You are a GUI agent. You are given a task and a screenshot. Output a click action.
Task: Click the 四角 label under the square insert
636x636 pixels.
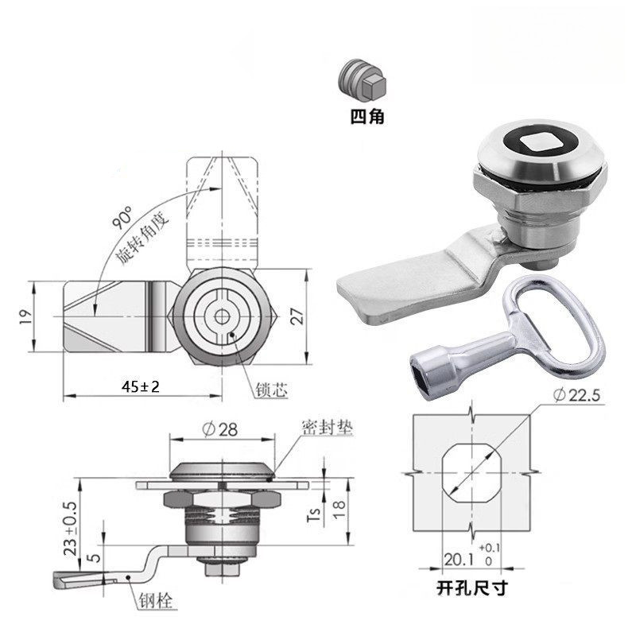point(367,117)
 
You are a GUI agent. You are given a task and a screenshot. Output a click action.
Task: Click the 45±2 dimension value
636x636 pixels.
point(141,386)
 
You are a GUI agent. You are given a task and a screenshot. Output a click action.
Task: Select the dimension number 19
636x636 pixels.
point(25,316)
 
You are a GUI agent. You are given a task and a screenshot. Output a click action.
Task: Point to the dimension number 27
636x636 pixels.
point(297,316)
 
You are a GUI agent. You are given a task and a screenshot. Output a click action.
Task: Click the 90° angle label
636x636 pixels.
point(122,217)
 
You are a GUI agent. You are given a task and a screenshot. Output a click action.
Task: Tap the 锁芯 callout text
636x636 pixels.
point(271,390)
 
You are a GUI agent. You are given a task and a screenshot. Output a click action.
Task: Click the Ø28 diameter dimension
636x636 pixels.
point(220,429)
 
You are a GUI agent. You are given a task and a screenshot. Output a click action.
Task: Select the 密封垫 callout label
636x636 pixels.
point(328,427)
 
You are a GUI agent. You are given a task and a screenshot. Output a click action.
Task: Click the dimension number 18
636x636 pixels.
point(339,509)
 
